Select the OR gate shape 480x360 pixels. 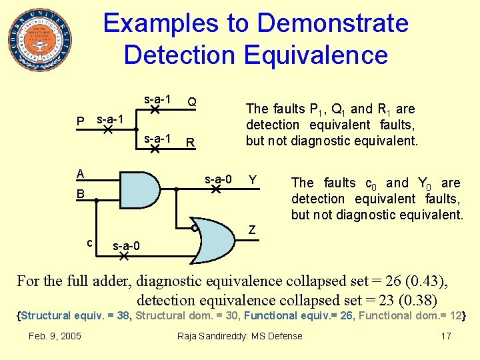217,241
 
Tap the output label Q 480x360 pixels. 191,102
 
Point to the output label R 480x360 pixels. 191,142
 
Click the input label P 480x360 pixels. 80,122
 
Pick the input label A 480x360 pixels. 80,174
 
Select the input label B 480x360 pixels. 80,194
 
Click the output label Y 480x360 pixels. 253,179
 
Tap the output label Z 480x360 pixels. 252,230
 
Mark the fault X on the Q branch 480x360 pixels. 154,109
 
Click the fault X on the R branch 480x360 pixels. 154,149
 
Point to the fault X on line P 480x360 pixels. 107,129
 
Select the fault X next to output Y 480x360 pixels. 215,189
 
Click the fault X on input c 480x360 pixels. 123,255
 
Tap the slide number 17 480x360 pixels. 446,336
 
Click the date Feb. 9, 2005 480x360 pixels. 55,336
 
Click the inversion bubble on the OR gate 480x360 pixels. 194,228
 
